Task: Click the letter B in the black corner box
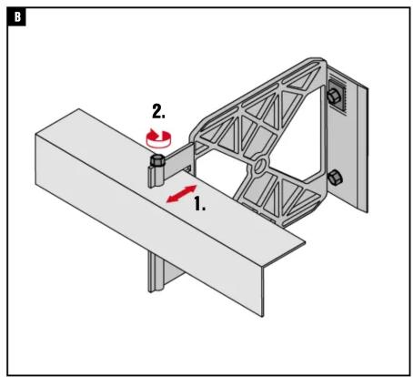click(x=17, y=17)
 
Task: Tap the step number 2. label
click(x=158, y=111)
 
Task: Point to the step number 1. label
click(x=200, y=203)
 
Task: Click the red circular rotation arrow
click(x=158, y=138)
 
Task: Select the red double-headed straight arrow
click(x=182, y=194)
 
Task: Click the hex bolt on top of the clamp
click(x=157, y=160)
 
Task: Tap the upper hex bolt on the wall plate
click(x=334, y=97)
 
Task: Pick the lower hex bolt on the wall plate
click(x=335, y=178)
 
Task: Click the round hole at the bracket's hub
click(x=259, y=167)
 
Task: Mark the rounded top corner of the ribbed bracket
click(x=317, y=61)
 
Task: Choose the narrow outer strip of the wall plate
click(x=363, y=148)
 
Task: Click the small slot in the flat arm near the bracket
click(x=188, y=168)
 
